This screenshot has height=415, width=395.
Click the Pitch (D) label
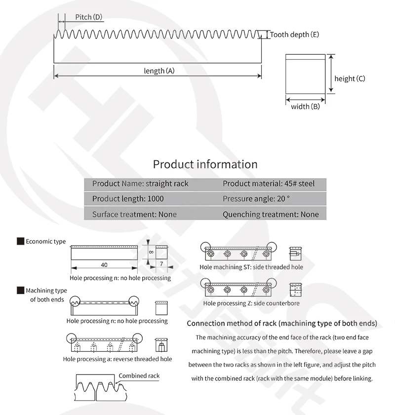[88, 17]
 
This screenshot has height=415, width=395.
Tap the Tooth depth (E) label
[294, 35]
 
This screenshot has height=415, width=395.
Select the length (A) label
[159, 71]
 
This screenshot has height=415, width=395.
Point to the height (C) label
[350, 78]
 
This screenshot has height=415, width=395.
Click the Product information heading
[205, 164]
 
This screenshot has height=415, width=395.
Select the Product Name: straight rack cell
[140, 184]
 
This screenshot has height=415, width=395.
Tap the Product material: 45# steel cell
[268, 184]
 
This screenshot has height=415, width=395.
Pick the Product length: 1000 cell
[128, 199]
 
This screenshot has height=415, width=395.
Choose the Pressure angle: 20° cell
[256, 199]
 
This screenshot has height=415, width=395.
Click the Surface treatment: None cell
[134, 214]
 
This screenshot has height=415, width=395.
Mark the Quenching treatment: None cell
[271, 214]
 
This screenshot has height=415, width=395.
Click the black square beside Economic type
[21, 241]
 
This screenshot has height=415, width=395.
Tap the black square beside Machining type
[21, 291]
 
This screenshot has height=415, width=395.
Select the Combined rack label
[139, 376]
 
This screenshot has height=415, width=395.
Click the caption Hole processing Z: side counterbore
[251, 303]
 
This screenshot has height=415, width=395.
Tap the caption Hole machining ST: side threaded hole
[251, 267]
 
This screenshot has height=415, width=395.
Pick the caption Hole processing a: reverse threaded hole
[118, 359]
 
